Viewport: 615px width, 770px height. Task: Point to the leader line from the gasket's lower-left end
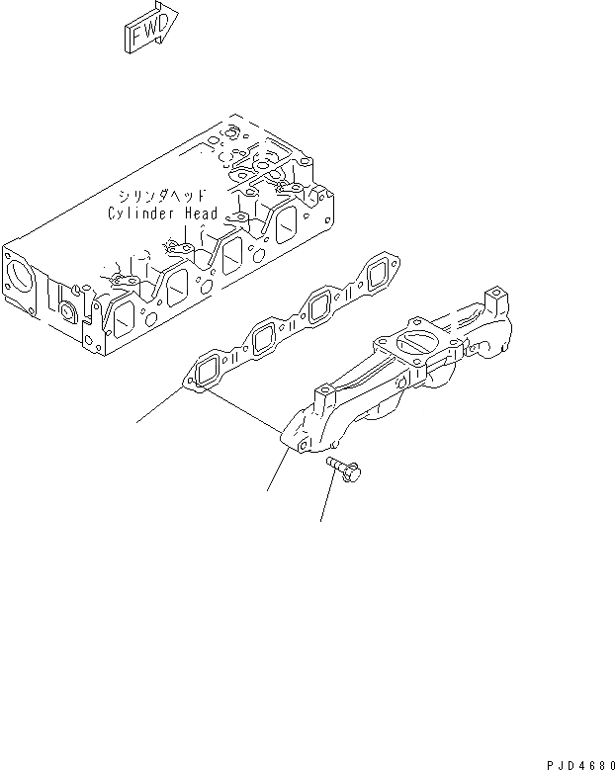click(158, 405)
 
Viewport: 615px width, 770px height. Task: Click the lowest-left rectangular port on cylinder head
click(124, 318)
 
